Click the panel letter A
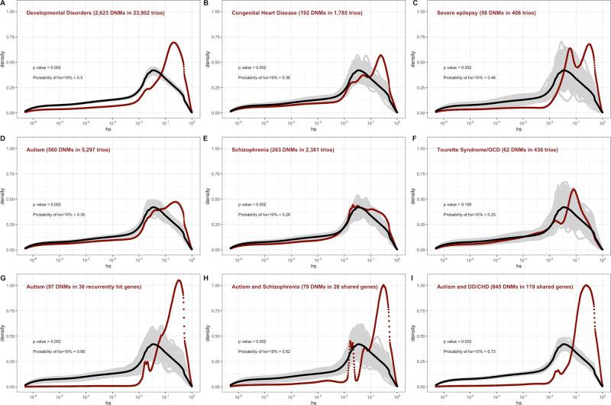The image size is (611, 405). point(3,4)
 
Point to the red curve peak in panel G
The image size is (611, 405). point(179,281)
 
